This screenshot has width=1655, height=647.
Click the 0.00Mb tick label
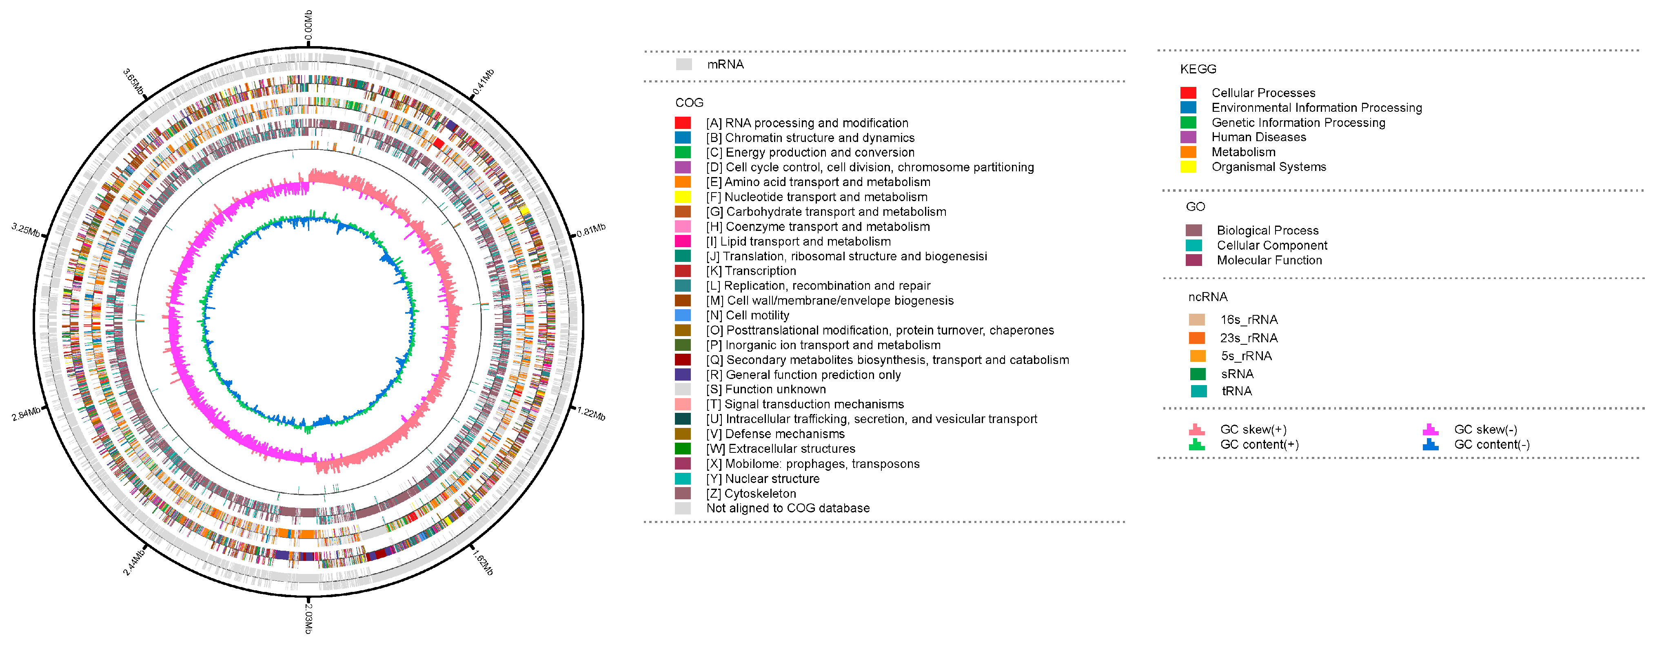pos(308,25)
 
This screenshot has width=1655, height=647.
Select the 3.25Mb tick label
pos(26,229)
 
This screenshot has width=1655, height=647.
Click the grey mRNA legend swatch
pos(683,64)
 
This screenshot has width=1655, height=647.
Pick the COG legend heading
pos(689,103)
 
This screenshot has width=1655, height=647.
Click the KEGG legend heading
pos(1198,69)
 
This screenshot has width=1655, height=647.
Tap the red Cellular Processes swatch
pos(1188,93)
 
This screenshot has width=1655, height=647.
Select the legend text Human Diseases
pos(1259,137)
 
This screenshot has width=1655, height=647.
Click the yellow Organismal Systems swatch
pos(1188,167)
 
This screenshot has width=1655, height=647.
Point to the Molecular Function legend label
pos(1269,260)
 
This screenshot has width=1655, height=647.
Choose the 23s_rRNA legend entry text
pos(1249,338)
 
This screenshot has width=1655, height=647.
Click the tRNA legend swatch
pos(1198,391)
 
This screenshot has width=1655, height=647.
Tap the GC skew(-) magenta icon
pos(1430,429)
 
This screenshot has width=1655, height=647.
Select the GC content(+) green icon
pos(1196,445)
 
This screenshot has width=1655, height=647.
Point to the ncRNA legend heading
pos(1208,297)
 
